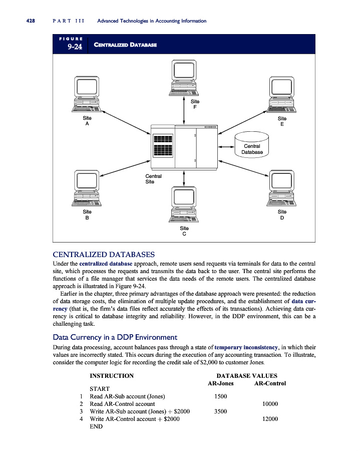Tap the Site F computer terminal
(184, 78)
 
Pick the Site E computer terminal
(282, 95)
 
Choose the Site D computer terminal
(282, 188)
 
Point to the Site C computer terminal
(184, 205)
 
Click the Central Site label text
(153, 179)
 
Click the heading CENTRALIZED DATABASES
(104, 254)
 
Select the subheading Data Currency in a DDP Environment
(111, 337)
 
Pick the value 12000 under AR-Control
(270, 418)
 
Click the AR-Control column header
(270, 383)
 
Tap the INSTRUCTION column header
(111, 376)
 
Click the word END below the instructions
(96, 426)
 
